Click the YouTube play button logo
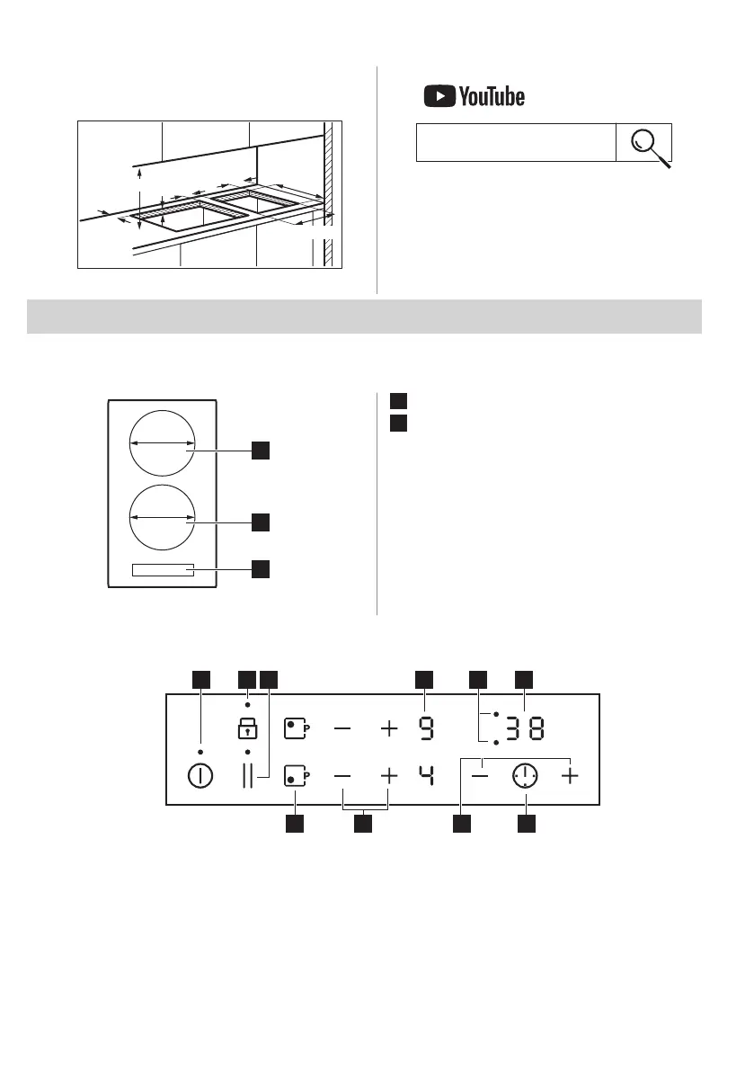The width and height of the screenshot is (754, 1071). (x=439, y=96)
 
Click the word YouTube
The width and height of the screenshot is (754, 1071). (x=492, y=96)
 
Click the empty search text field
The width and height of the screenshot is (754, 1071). (x=516, y=143)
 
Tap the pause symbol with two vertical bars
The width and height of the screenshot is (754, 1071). (x=248, y=776)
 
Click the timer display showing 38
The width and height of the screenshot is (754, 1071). (x=524, y=728)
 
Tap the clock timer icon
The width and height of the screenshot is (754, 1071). (x=526, y=776)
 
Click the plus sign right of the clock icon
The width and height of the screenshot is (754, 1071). (x=570, y=776)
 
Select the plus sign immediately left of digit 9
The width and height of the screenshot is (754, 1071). (x=388, y=728)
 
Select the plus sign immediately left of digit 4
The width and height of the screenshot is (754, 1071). (x=388, y=775)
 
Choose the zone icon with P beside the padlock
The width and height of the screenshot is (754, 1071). (x=296, y=728)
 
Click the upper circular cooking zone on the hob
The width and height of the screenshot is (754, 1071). (x=162, y=442)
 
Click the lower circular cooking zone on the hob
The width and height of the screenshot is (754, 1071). (x=162, y=517)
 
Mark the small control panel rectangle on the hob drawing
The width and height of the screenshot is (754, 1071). (x=162, y=569)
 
